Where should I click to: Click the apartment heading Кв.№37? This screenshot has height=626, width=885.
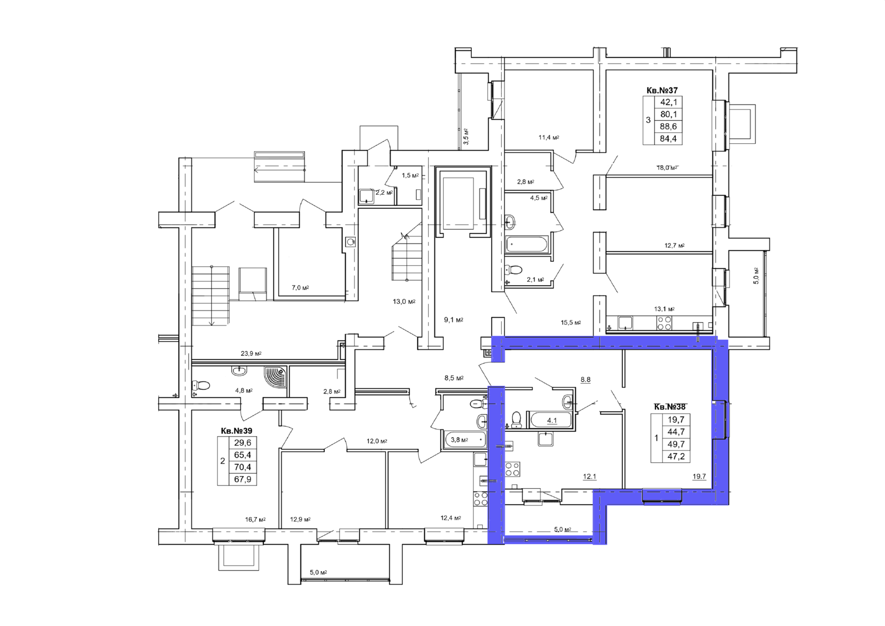point(662,91)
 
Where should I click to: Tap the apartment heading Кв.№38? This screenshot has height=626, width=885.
point(670,406)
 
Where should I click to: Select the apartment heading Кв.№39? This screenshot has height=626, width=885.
point(237,431)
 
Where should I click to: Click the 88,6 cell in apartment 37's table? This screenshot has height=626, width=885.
point(669,127)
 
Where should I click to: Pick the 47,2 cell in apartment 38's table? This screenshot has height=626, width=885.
point(676,457)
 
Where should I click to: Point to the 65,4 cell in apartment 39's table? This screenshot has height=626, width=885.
point(243,455)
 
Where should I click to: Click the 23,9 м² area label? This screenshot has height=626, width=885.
point(251,354)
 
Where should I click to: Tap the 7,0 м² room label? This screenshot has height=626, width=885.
point(300,288)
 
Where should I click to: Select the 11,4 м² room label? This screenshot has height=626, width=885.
point(549,138)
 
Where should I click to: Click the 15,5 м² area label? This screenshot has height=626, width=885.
point(571,323)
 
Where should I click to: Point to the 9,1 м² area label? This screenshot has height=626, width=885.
point(454,320)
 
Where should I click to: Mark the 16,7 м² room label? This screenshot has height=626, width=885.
point(255,520)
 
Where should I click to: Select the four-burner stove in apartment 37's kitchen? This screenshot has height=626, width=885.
point(664,323)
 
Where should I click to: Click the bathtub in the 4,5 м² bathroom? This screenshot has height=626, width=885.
point(527,245)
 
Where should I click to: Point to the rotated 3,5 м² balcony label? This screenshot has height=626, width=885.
point(466,136)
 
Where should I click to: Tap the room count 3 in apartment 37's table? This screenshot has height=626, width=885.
point(648,120)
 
